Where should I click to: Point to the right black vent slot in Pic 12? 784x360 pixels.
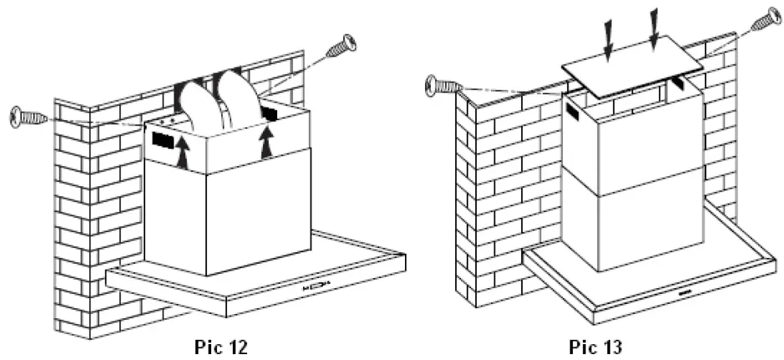click(269, 111)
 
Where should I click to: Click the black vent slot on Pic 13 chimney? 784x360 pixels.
click(574, 111)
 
